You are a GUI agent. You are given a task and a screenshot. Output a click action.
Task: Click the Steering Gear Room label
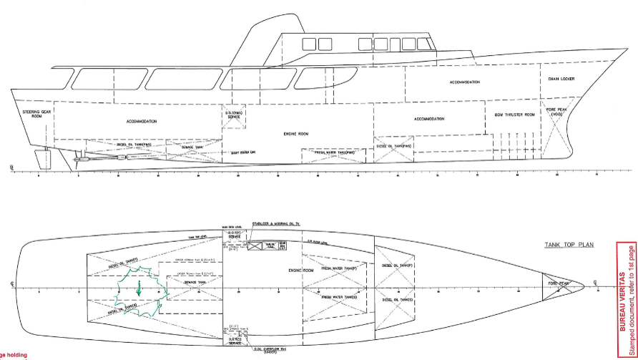click(28, 115)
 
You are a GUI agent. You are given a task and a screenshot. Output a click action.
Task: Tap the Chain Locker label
click(561, 79)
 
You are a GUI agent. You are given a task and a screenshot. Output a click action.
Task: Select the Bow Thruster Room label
click(514, 115)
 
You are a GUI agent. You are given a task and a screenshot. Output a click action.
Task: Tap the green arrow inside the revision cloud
click(138, 290)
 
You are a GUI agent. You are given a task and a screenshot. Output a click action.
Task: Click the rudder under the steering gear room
click(46, 158)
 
